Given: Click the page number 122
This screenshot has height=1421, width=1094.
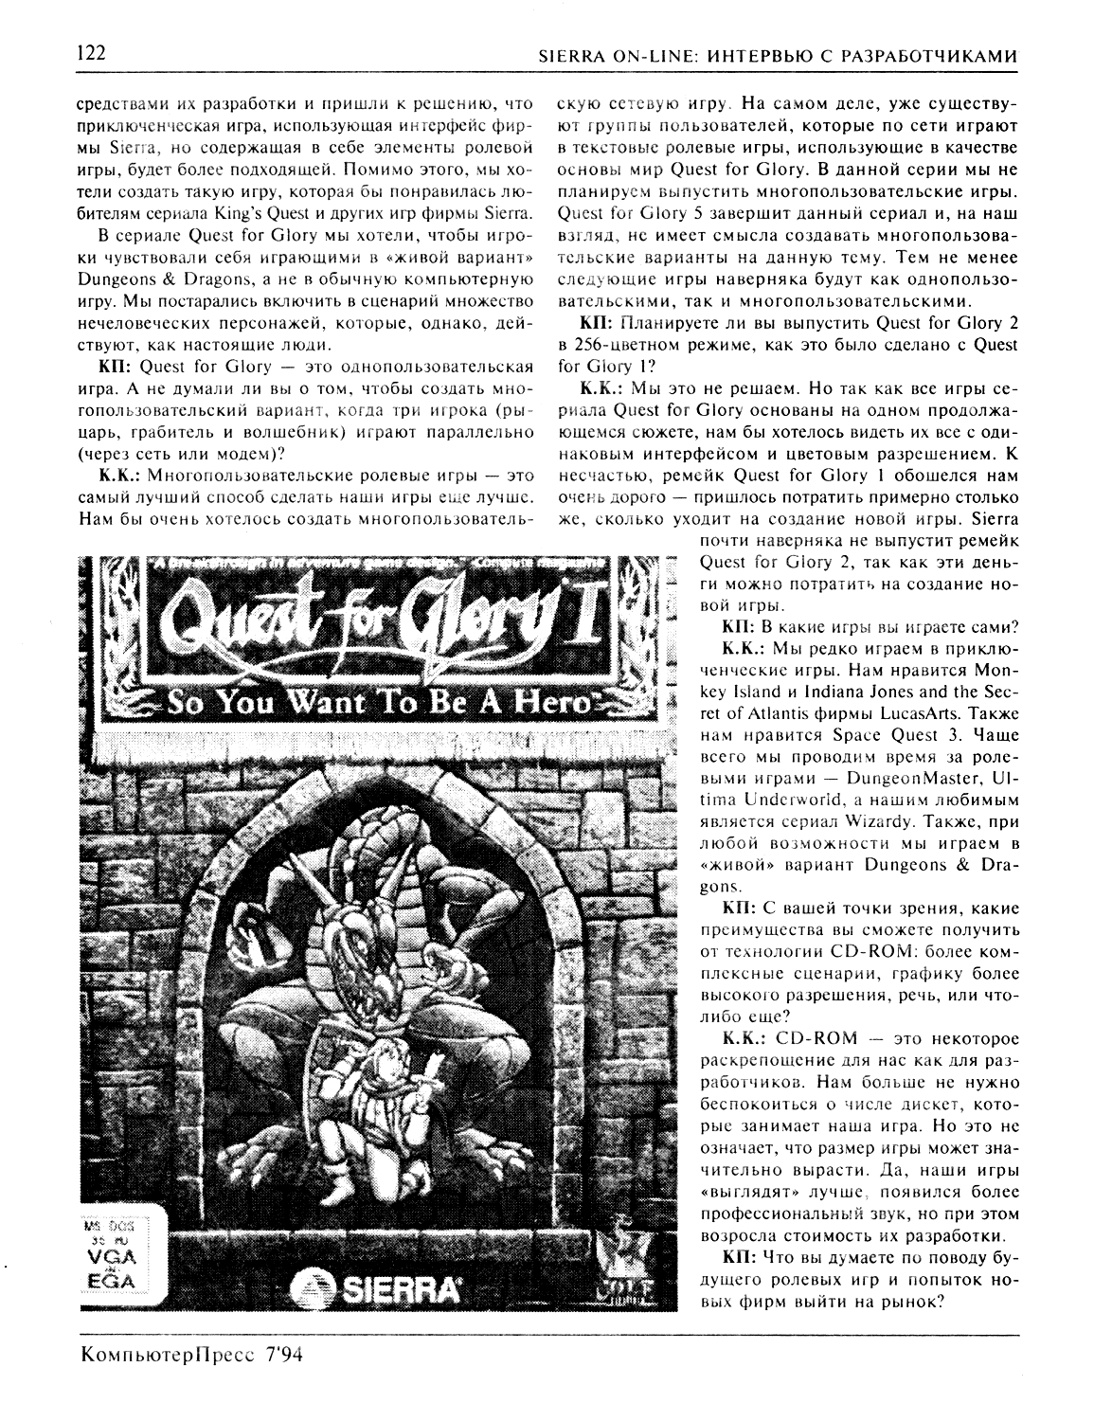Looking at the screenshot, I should tap(92, 54).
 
